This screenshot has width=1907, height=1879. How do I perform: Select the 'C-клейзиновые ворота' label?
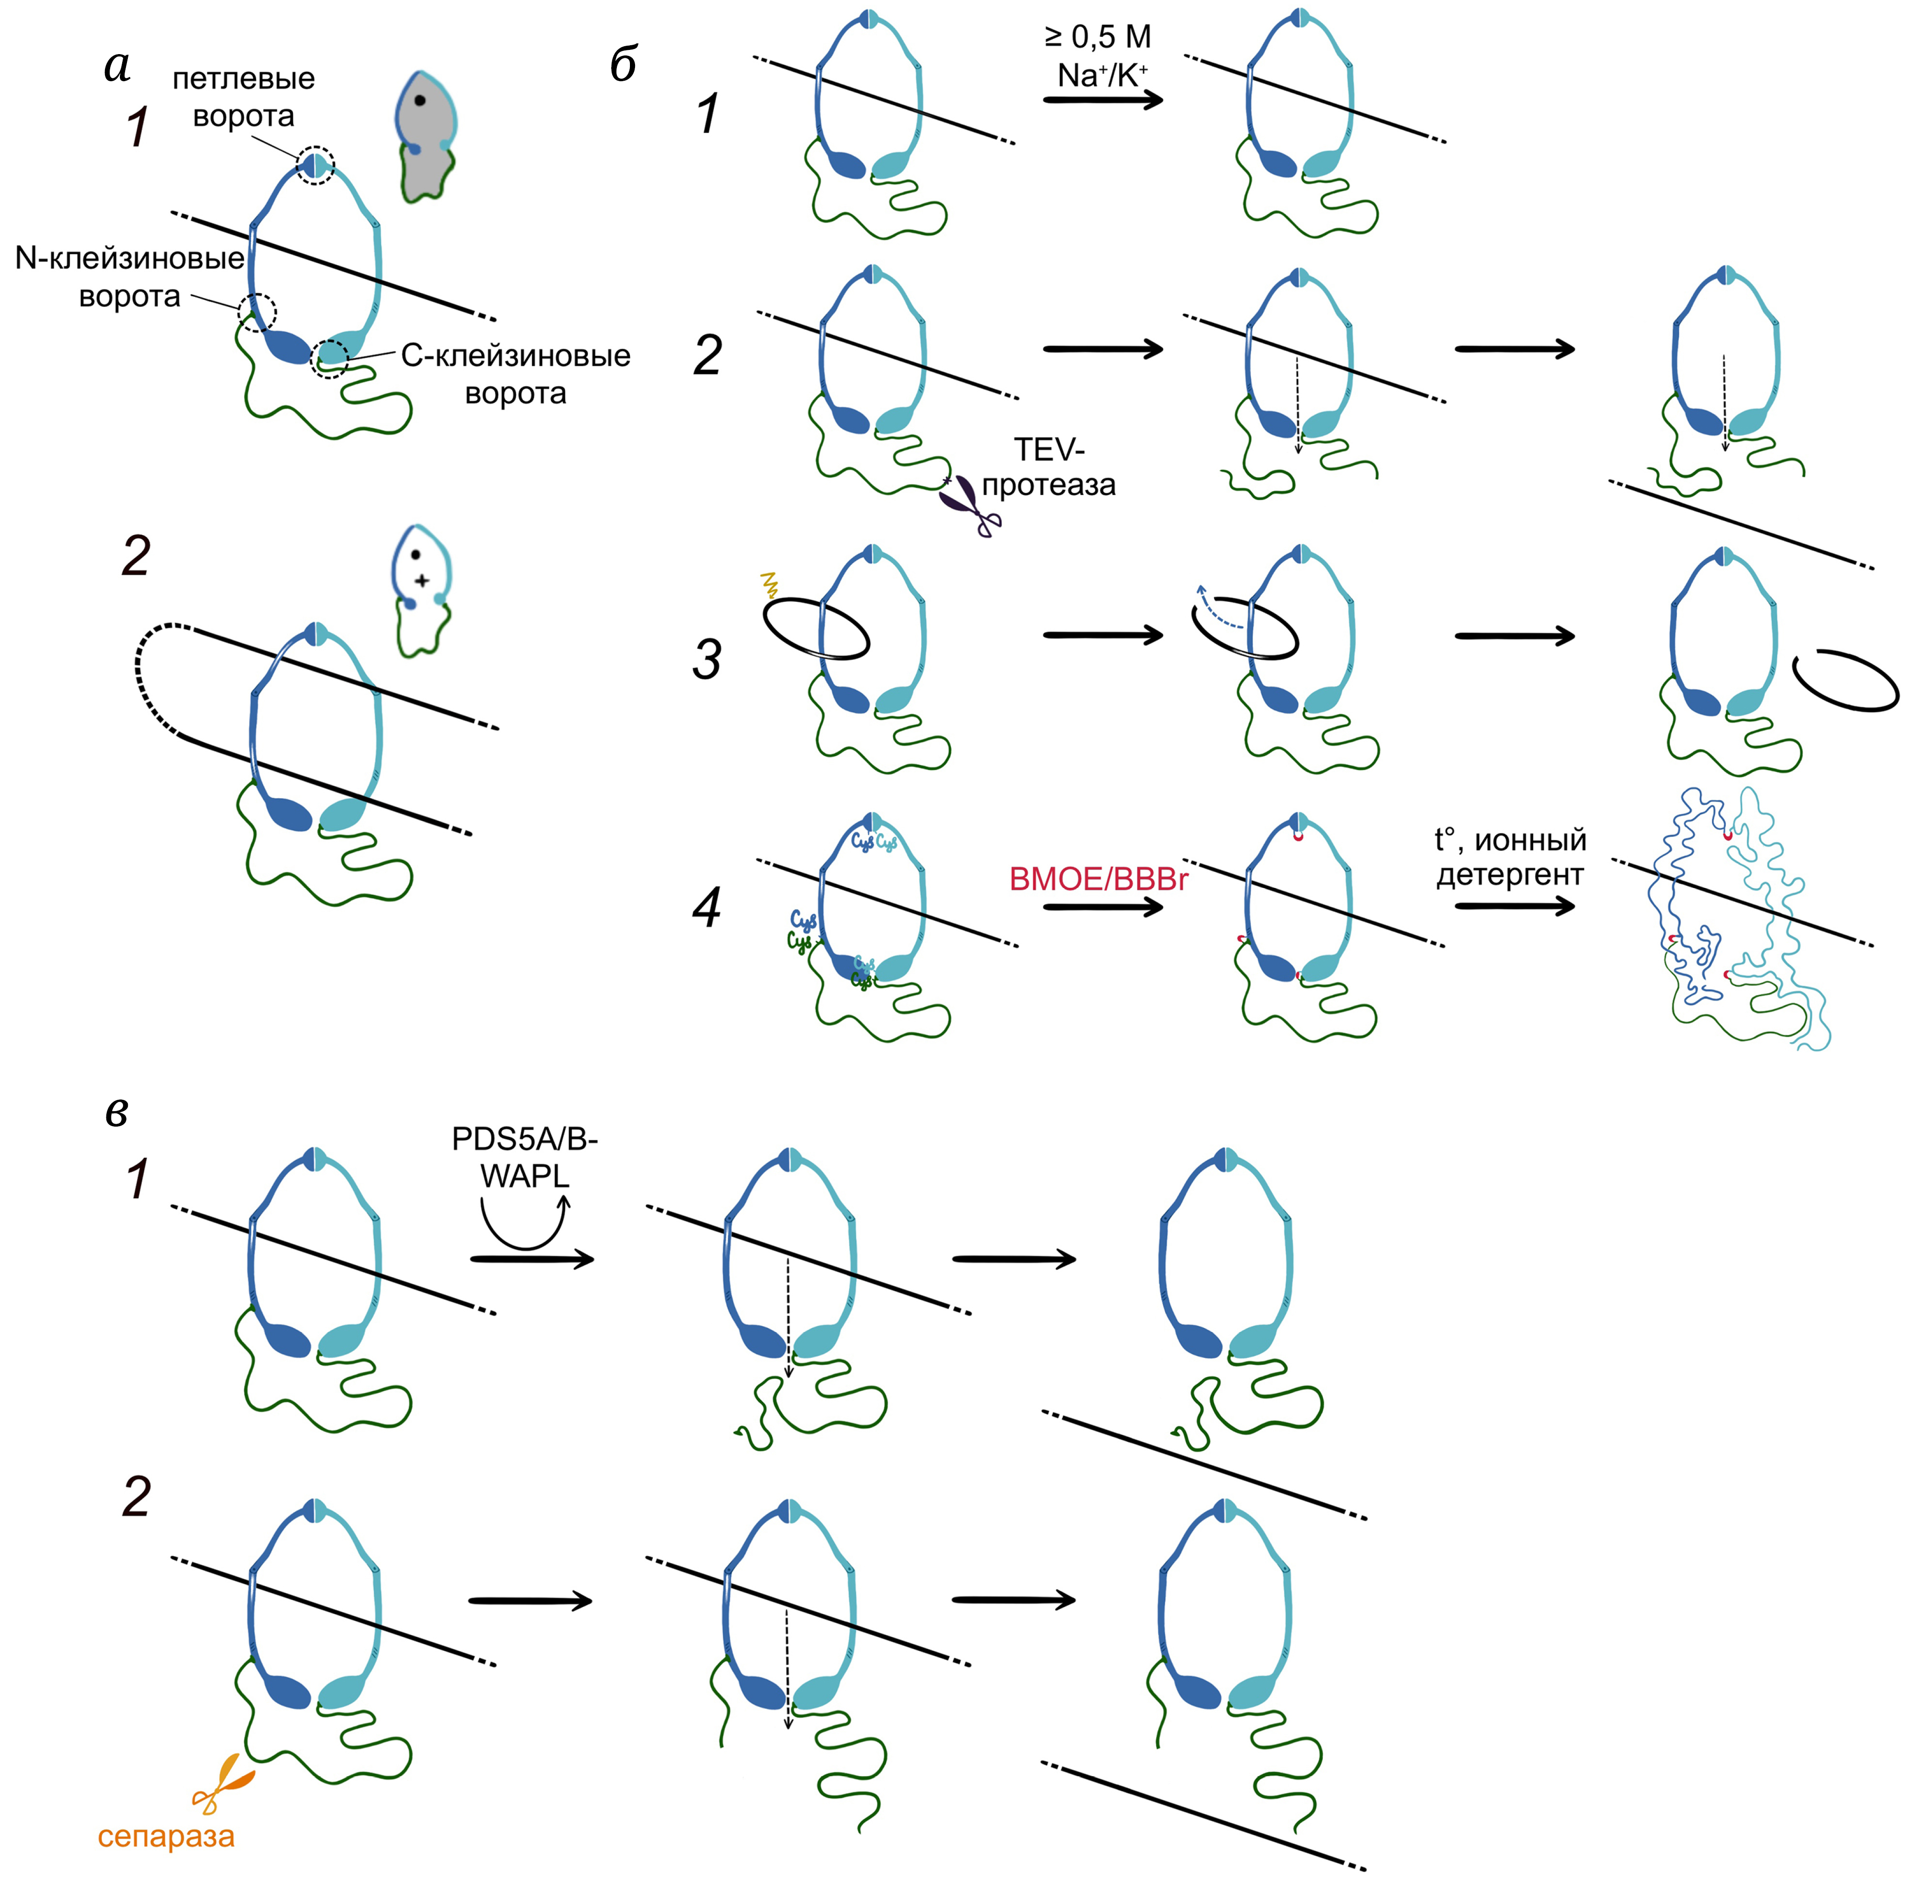(x=515, y=374)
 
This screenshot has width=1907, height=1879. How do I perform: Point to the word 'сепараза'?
(x=166, y=1837)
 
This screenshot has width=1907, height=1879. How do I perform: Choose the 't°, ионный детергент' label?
(x=1510, y=856)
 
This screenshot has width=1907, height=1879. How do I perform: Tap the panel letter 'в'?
(x=117, y=1112)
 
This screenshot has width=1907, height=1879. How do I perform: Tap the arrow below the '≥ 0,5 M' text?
(x=1104, y=100)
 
